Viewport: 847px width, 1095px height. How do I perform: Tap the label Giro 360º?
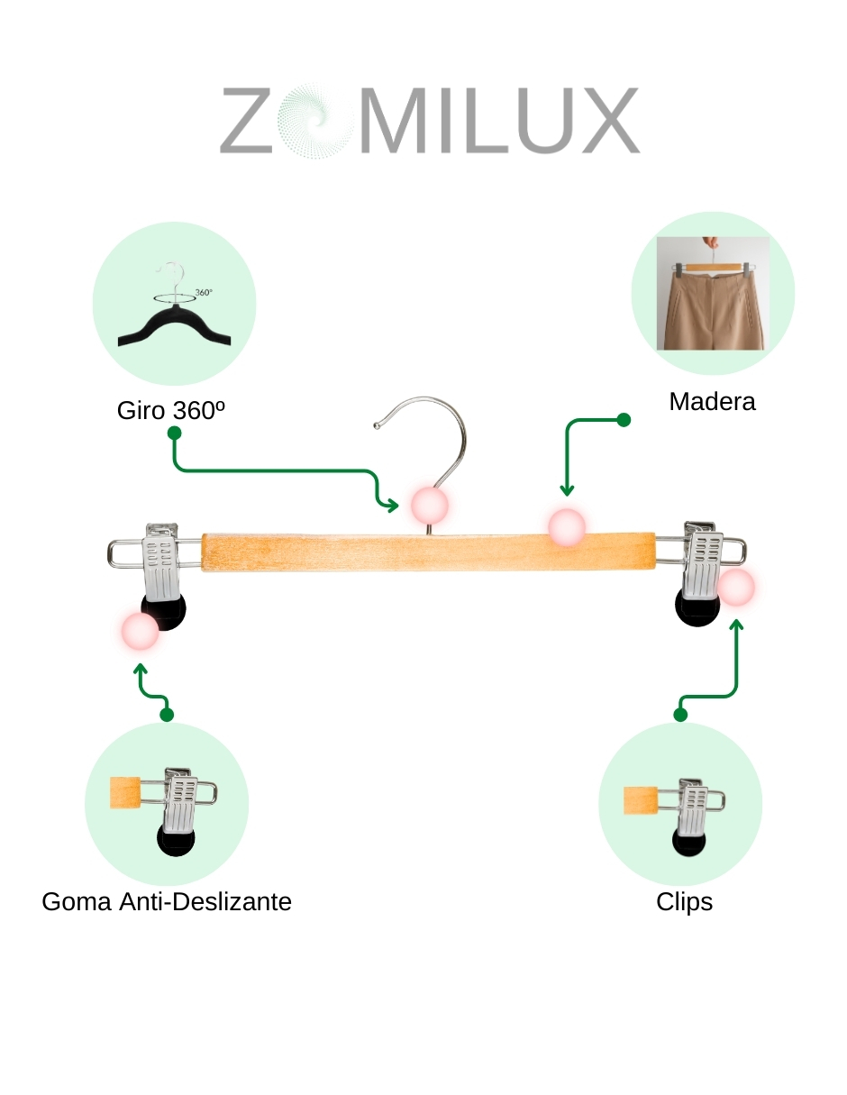[170, 410]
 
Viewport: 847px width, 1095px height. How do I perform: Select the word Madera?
[712, 401]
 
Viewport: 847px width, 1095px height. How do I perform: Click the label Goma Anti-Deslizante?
[167, 901]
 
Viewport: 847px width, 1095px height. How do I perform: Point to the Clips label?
[685, 901]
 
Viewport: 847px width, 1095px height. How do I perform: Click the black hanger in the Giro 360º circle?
[175, 326]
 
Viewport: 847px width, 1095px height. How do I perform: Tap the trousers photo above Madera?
[712, 294]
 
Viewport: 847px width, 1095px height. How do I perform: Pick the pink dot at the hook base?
[430, 506]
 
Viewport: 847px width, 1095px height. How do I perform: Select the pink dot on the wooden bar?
[568, 527]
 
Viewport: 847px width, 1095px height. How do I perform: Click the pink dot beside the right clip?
[736, 588]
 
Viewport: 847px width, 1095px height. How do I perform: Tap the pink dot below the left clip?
[140, 632]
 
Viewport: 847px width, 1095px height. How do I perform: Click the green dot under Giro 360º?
[175, 433]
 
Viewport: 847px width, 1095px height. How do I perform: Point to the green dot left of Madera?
[624, 420]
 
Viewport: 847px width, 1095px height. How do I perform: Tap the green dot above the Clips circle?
[680, 715]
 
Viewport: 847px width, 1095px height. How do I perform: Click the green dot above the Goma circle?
[167, 715]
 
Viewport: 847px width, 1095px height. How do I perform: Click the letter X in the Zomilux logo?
[603, 120]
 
